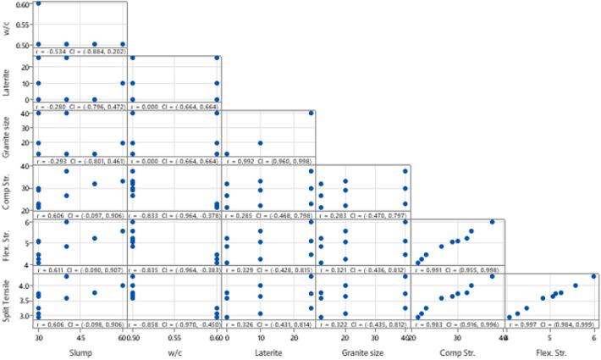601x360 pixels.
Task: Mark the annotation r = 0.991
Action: pyautogui.click(x=423, y=269)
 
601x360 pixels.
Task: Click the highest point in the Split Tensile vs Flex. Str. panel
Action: pyautogui.click(x=593, y=275)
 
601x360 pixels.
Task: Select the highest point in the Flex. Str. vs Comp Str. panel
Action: pyautogui.click(x=492, y=222)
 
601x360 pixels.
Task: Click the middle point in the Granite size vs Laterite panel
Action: pyautogui.click(x=261, y=143)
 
